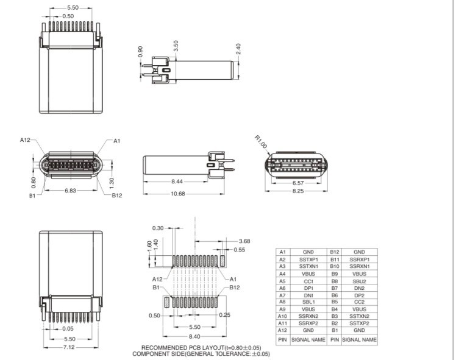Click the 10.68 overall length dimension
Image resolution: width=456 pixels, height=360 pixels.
[x=178, y=194]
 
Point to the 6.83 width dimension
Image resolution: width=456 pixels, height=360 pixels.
[x=71, y=190]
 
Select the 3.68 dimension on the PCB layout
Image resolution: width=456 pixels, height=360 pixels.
[x=245, y=241]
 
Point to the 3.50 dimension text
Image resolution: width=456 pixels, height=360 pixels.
[x=176, y=46]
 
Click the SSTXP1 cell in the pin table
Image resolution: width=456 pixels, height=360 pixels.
[x=308, y=259]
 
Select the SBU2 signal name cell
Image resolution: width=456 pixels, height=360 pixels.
[x=359, y=282]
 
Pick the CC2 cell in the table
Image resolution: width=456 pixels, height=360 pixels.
[x=359, y=302]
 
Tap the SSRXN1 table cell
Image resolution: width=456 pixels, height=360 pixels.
[x=359, y=267]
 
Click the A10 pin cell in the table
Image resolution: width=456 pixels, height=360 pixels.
[x=282, y=316]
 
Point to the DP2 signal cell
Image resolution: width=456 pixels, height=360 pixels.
[x=359, y=294]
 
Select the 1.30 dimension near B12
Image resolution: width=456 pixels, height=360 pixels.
[x=111, y=181]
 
